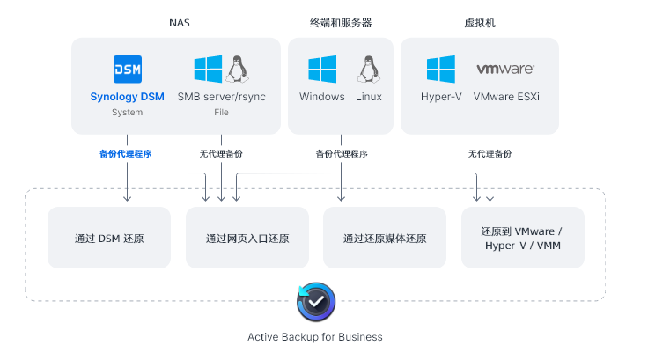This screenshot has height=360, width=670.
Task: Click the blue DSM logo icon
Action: click(128, 69)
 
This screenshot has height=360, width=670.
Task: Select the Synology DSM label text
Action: click(127, 97)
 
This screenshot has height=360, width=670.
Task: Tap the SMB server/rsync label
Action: click(221, 97)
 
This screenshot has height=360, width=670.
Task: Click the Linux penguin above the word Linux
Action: click(368, 69)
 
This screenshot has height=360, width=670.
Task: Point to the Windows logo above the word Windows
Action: click(322, 70)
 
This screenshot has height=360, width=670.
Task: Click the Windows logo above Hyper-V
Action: click(440, 70)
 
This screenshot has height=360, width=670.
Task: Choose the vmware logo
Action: click(505, 69)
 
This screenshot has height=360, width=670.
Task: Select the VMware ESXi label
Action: click(505, 97)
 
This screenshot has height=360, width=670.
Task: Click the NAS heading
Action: click(179, 23)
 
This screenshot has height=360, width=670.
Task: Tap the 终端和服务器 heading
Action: click(342, 23)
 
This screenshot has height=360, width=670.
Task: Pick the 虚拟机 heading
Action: click(479, 23)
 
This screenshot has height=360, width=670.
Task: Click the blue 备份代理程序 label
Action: click(126, 153)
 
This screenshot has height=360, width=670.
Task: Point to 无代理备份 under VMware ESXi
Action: click(490, 153)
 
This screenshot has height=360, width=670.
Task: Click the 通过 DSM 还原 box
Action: click(109, 238)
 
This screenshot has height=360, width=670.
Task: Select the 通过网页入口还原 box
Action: click(247, 238)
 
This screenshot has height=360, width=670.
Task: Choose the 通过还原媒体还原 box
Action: click(385, 238)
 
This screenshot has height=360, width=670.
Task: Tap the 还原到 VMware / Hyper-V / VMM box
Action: click(522, 238)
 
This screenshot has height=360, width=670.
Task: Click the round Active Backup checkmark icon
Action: click(315, 301)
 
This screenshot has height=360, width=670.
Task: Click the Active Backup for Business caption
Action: click(315, 337)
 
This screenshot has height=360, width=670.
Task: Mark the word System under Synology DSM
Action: click(127, 113)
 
